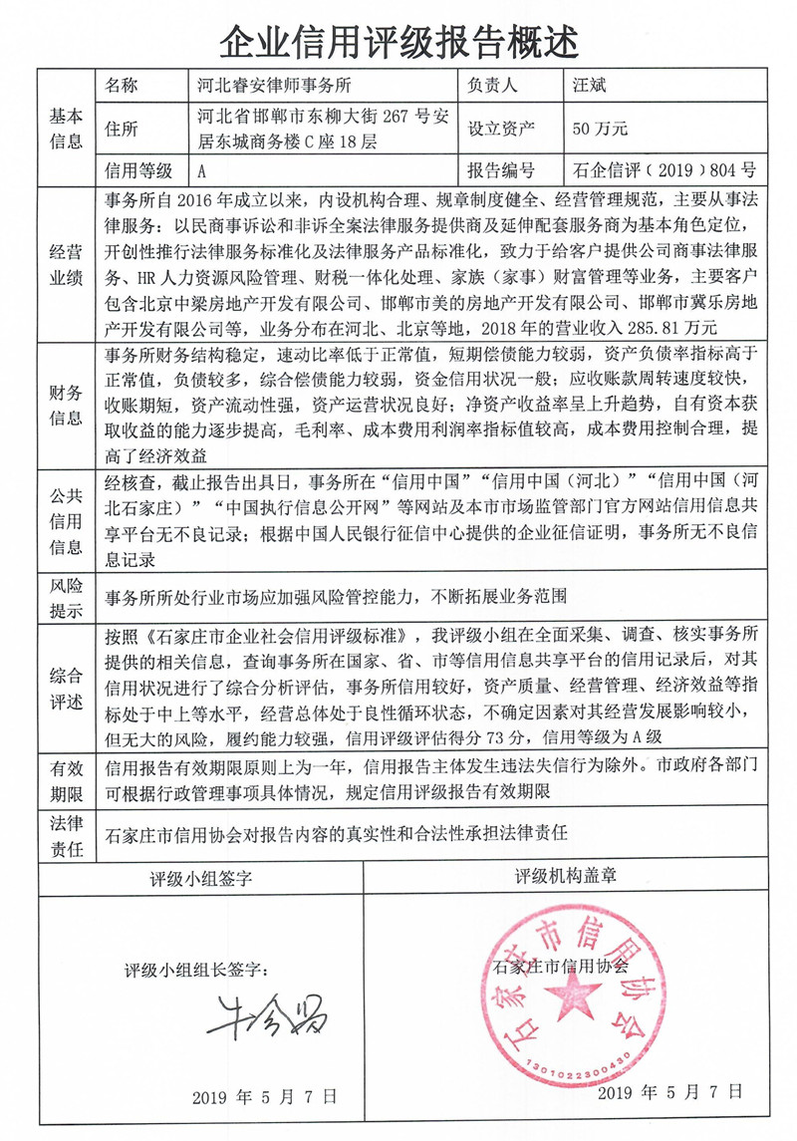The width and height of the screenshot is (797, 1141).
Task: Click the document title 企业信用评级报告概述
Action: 398,41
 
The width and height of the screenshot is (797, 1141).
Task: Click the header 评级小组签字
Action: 200,879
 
